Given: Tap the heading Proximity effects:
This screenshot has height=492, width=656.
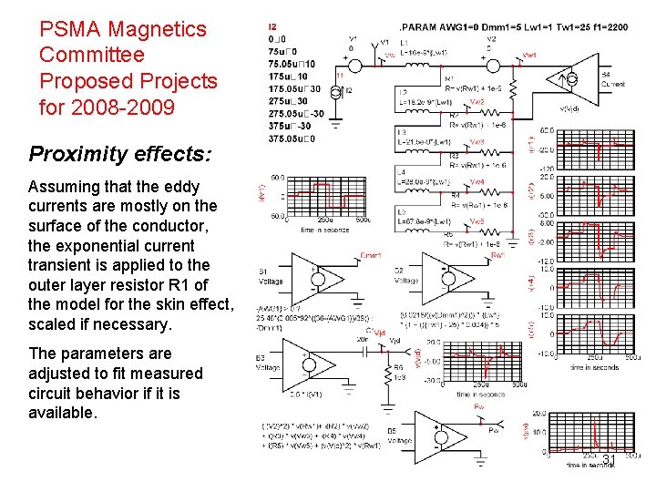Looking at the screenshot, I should click(x=119, y=153).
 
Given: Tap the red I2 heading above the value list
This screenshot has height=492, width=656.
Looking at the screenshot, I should click(x=273, y=27).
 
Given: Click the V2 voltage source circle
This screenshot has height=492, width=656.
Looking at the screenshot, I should click(x=495, y=65).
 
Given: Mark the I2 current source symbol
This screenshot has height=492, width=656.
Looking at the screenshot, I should click(x=338, y=89).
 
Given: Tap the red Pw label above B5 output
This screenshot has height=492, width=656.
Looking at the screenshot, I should click(x=479, y=406).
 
